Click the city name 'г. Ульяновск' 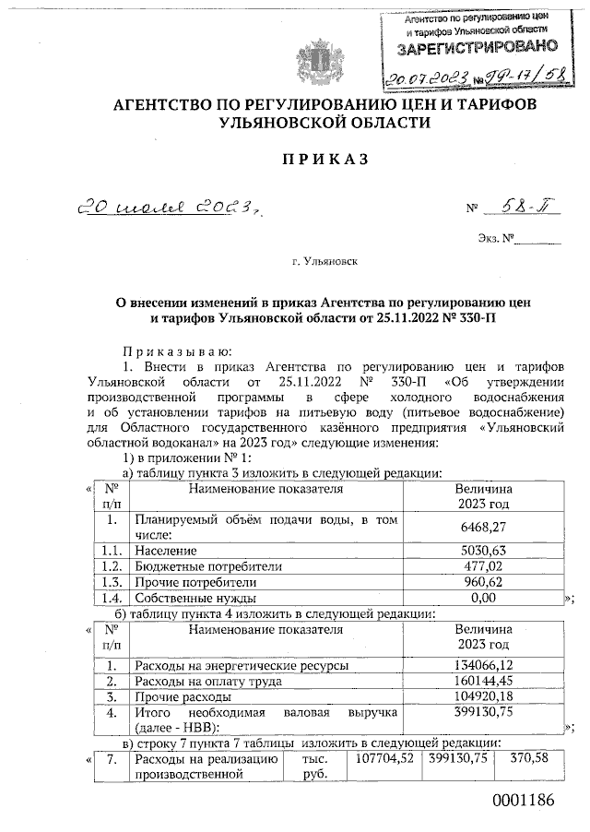point(324,262)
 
